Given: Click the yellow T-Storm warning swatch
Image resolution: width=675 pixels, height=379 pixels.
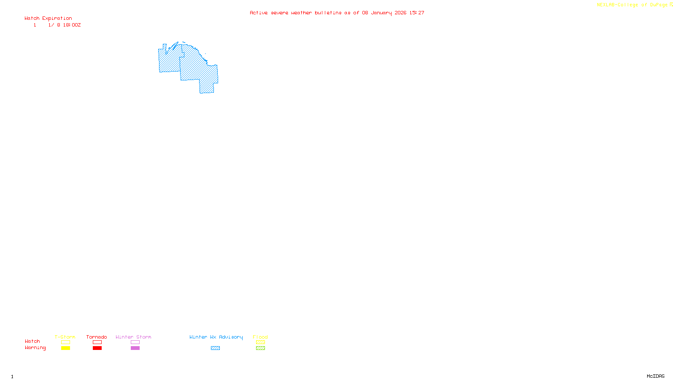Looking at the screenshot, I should point(65,348).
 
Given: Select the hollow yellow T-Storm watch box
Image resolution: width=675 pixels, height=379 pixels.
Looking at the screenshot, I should point(65,342).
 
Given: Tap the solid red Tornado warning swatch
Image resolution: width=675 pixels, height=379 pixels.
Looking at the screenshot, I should point(97,348).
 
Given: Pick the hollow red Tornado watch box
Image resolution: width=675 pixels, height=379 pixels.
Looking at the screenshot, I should point(97,342).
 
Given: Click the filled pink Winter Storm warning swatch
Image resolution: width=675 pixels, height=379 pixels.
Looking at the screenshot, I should point(135,348).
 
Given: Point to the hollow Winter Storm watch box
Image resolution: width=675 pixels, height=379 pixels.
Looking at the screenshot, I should point(135,342).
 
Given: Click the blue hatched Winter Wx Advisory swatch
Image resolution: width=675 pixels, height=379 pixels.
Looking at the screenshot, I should point(215,348).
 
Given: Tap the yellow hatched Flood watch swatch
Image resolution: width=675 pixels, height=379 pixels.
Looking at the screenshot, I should point(260,342).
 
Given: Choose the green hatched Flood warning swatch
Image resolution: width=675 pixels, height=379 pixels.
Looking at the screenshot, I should point(260,348).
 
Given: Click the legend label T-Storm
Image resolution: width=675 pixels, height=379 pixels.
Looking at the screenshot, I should point(65,337).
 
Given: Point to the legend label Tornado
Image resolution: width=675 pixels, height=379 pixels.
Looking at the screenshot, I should point(97,337).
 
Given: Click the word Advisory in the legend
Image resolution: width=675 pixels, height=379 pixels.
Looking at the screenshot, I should point(231,337).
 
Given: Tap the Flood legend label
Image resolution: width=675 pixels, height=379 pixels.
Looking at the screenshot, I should point(260,337).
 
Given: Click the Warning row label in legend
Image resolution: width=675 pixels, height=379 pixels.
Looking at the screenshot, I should point(35,348).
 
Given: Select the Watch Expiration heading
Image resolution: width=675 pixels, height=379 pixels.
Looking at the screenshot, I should point(48,19).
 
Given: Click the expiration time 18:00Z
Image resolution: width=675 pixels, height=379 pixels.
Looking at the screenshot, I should point(72,25).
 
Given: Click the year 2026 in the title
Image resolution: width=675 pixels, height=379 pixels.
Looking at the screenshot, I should point(400,13).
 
